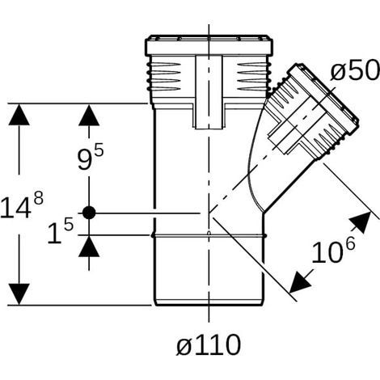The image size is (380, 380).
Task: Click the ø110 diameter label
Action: pos(209,345)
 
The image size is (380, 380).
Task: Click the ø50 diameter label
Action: pos(355,70)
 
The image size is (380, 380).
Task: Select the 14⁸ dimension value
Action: pos(22,206)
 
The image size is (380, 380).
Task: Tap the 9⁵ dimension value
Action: pos(91,158)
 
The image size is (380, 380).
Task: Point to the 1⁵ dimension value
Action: pos(61,231)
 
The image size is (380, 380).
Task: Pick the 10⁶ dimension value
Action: pos(333,251)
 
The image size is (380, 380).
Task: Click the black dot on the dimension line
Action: pos(89,213)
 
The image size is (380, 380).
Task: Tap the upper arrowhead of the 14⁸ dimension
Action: pos(19,115)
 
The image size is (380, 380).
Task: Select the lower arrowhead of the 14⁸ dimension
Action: pos(19,294)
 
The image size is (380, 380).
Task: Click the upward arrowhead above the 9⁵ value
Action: pos(89,115)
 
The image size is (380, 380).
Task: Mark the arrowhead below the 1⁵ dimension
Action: pos(89,247)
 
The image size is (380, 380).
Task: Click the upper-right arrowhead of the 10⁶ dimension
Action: pos(362,222)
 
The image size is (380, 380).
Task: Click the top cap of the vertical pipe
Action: pos(209,45)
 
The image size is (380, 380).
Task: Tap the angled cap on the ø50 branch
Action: pos(323,99)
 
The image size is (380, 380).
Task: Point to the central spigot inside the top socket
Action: pos(209,92)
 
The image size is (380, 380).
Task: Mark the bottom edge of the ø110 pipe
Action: pos(209,304)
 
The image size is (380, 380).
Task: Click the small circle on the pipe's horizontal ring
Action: pos(209,233)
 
